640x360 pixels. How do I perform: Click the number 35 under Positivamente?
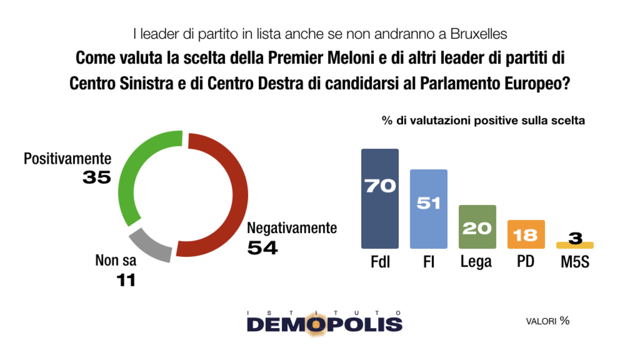click(96, 178)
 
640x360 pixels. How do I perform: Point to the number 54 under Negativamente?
click(262, 247)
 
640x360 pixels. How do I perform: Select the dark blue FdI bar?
click(380, 213)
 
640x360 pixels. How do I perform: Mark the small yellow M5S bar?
click(574, 246)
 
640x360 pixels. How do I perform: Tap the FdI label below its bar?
click(380, 262)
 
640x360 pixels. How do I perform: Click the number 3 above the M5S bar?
click(574, 238)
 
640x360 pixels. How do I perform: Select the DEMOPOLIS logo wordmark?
click(325, 324)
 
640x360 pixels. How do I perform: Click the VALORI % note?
click(548, 321)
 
